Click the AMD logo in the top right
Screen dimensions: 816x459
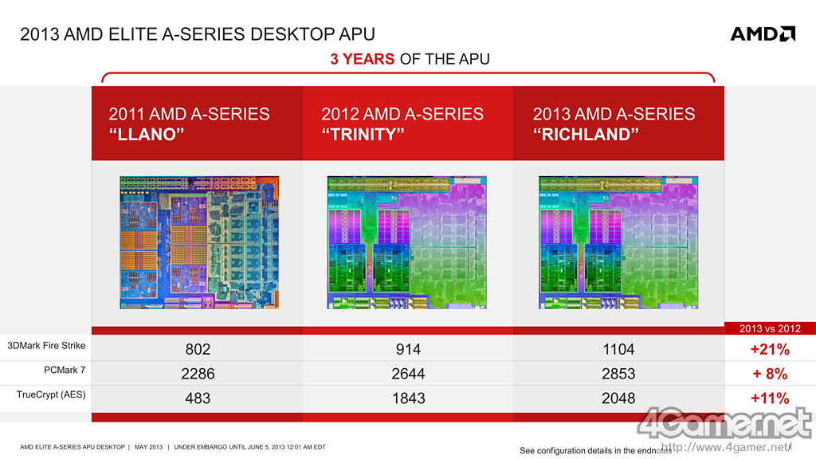[763, 33]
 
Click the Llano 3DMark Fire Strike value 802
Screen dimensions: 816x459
[198, 349]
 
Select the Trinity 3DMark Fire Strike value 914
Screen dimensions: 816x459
[408, 349]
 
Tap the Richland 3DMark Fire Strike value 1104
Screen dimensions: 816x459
[618, 349]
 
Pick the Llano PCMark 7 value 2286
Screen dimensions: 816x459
[198, 374]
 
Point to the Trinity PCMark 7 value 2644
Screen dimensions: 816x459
[408, 374]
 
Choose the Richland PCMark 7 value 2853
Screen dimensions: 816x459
[618, 374]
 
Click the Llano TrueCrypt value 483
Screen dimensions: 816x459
[198, 398]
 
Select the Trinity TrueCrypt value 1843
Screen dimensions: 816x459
[408, 398]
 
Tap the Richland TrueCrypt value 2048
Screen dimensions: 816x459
[618, 398]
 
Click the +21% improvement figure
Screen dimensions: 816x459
[770, 349]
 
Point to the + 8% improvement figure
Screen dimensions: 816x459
[770, 374]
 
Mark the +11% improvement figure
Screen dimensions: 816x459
[770, 398]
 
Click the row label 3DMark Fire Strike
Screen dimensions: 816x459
[46, 346]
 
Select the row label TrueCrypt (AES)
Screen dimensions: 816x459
[51, 394]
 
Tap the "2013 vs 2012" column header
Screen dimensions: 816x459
[770, 328]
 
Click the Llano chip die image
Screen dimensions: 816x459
[199, 242]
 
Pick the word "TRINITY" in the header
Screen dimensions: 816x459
[363, 134]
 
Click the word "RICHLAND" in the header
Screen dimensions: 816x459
[586, 134]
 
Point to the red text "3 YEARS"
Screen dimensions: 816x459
[363, 59]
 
